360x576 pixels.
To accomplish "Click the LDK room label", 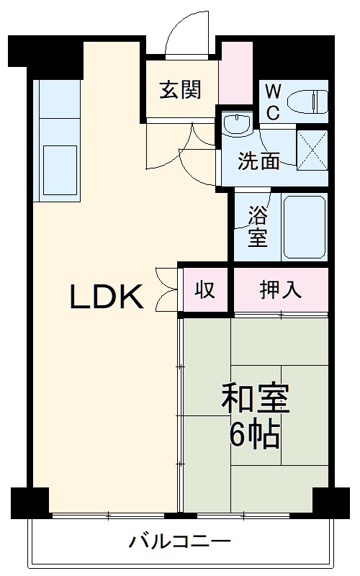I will pos(107,296).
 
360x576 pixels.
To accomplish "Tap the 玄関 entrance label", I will pos(180,90).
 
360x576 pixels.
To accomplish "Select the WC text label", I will pos(273,101).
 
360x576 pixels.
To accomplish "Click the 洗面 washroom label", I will pos(259,161).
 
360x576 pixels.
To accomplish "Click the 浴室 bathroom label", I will pos(258,226).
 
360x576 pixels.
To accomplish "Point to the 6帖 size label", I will pos(254,434).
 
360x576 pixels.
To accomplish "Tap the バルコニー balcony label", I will pos(180,541).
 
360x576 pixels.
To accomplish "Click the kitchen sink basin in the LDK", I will pos(60,167).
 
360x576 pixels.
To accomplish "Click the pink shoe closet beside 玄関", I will pos(235,73).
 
